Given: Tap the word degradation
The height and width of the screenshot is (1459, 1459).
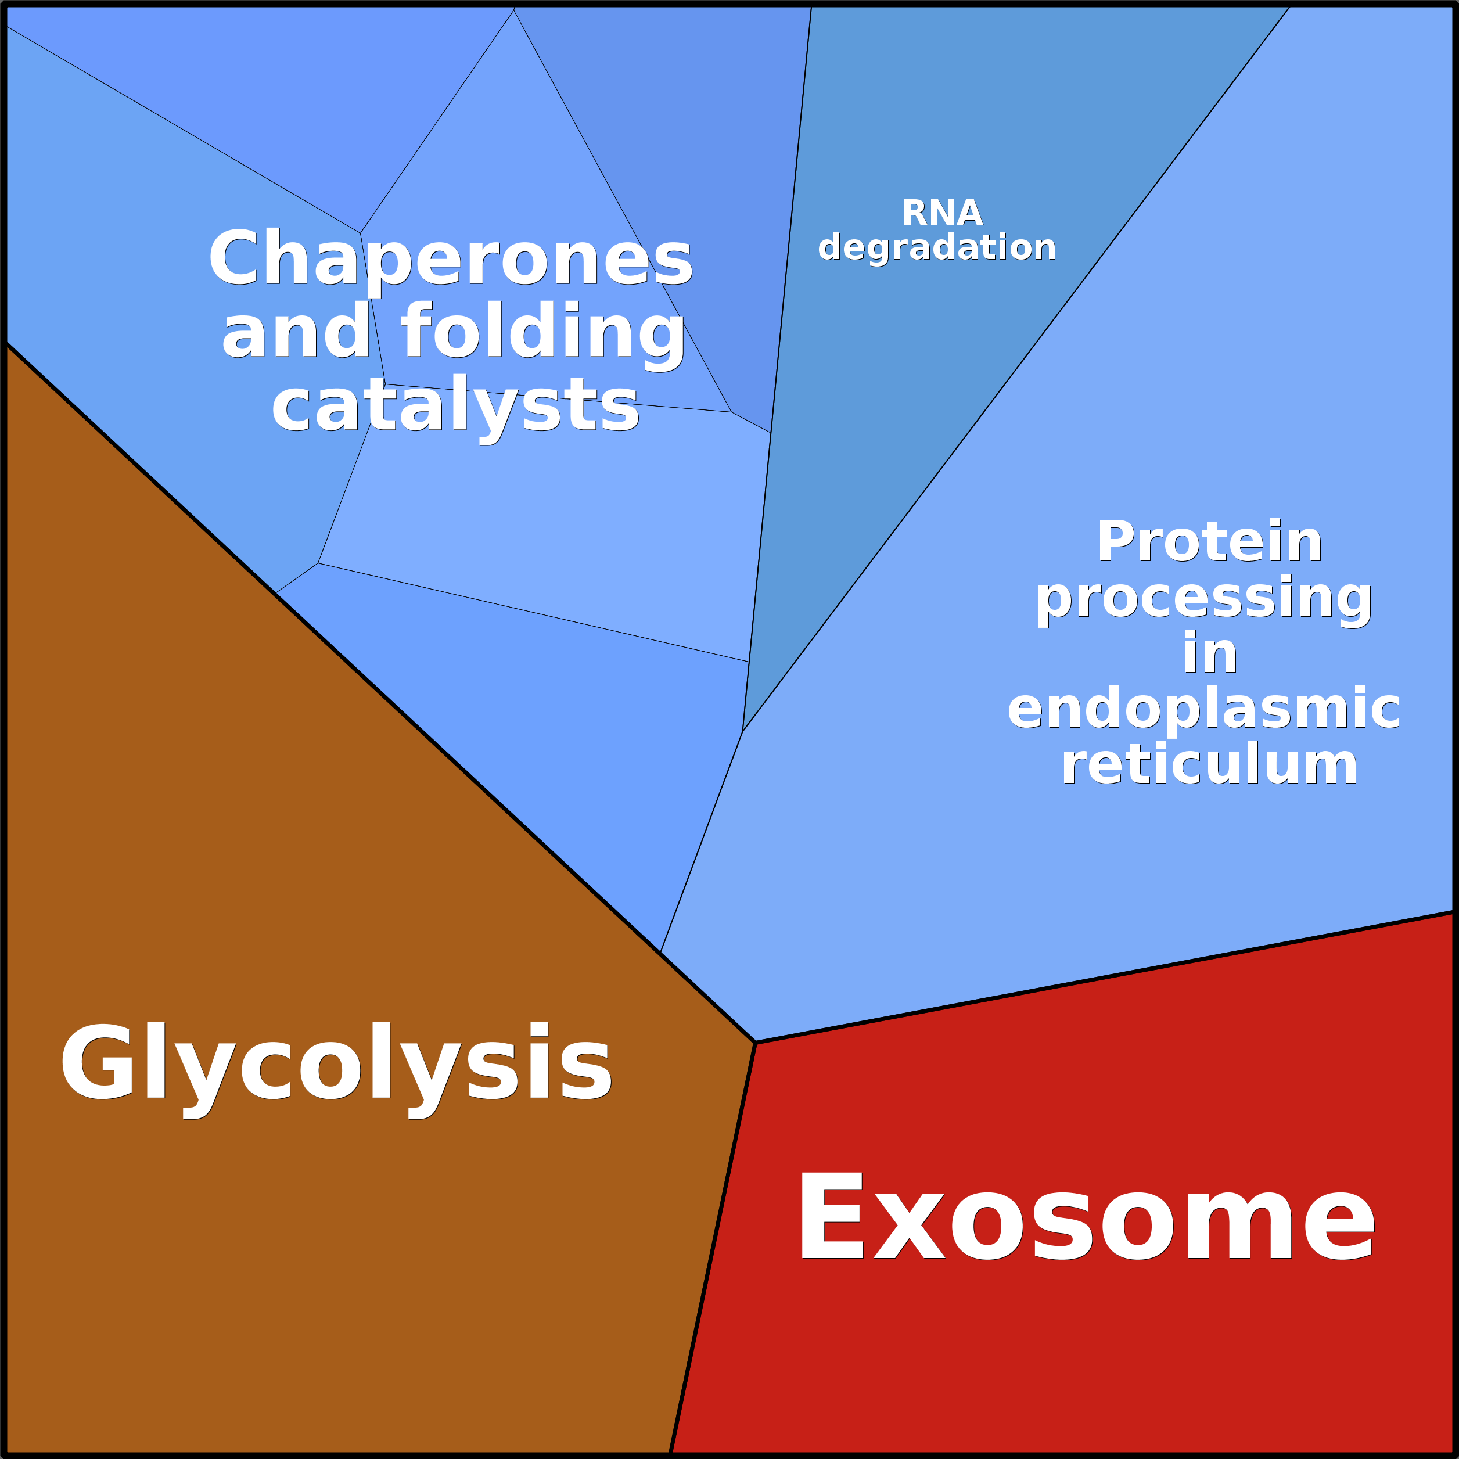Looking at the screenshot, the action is [936, 247].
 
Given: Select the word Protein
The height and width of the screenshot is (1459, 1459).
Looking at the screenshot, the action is [1209, 541].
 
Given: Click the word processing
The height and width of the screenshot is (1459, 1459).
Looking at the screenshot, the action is [1204, 599].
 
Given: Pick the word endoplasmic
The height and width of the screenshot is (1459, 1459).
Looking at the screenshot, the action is [1204, 710].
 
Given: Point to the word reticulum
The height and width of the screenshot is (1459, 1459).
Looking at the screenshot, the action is [1209, 764].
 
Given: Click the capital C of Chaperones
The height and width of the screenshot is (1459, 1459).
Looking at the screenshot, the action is [239, 257].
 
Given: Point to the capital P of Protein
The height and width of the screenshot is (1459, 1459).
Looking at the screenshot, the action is [1117, 541].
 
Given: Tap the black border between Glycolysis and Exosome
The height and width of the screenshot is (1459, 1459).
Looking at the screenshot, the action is [712, 1248].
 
